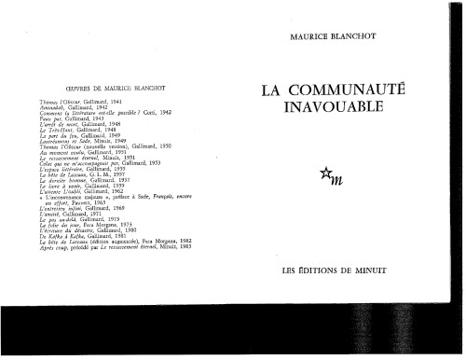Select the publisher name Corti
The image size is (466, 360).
143,114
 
